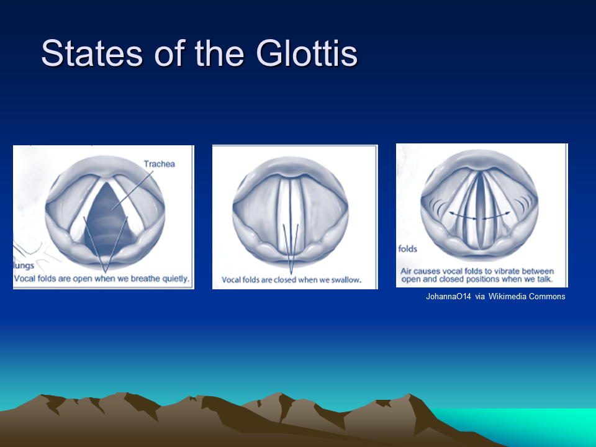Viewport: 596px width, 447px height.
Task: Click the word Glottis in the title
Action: (306, 53)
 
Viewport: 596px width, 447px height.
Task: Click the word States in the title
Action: (92, 53)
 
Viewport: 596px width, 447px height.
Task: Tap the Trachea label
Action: (160, 164)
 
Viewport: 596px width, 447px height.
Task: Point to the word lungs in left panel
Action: (24, 265)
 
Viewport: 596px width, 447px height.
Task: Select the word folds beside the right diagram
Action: (407, 248)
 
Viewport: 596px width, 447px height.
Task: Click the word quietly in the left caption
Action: (175, 279)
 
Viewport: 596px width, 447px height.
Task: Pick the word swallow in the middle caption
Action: (346, 280)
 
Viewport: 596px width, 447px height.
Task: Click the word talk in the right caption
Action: (544, 279)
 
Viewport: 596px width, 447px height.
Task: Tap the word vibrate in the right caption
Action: (505, 271)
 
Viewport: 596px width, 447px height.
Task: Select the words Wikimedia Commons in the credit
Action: (527, 297)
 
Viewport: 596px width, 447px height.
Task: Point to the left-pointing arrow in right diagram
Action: (463, 215)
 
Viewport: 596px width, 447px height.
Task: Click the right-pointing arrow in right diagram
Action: (497, 215)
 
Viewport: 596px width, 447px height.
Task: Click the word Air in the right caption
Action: (406, 271)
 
